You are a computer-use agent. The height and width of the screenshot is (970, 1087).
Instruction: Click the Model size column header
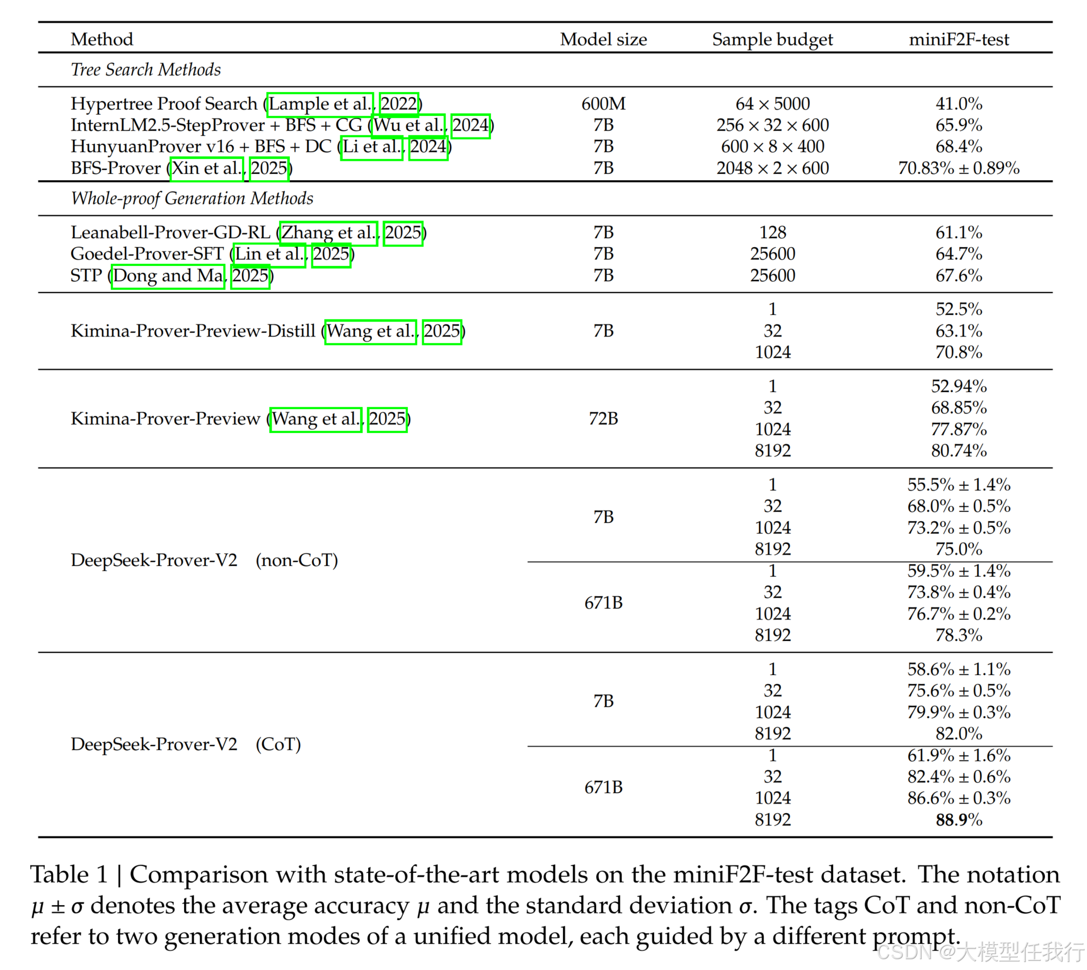coord(603,39)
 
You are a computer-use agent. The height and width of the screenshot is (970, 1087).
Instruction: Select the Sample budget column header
coord(772,39)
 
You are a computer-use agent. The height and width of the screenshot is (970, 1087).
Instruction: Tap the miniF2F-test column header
coord(959,39)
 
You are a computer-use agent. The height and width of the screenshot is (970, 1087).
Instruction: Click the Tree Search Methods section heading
coord(145,69)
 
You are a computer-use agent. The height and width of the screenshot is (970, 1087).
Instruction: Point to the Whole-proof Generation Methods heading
coord(191,198)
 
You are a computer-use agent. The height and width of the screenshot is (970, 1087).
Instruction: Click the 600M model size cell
coord(603,103)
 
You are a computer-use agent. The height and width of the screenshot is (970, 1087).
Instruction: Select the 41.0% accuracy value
coord(959,103)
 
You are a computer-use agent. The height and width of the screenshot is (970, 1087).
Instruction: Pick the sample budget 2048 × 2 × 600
coord(772,168)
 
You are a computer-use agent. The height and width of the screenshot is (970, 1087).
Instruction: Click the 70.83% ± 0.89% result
coord(959,168)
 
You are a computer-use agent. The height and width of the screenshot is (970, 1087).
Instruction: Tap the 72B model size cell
coord(603,419)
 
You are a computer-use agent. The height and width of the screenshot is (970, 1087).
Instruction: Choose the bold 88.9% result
coord(959,819)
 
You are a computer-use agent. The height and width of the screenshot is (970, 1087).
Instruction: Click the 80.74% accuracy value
coord(959,451)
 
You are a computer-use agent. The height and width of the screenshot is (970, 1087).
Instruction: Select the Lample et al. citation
coord(320,104)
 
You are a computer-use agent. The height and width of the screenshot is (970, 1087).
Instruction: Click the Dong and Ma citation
coord(168,276)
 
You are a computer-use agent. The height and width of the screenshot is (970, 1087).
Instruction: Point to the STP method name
coord(86,276)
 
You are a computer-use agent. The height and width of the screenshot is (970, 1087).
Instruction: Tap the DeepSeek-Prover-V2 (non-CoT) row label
coord(204,560)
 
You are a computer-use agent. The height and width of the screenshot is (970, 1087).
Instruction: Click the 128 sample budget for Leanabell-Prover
coord(772,232)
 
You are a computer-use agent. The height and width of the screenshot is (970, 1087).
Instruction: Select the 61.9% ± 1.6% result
coord(959,755)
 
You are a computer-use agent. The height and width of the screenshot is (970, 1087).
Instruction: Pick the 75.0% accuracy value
coord(959,549)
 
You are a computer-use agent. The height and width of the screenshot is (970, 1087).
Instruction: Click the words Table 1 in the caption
coord(69,875)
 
